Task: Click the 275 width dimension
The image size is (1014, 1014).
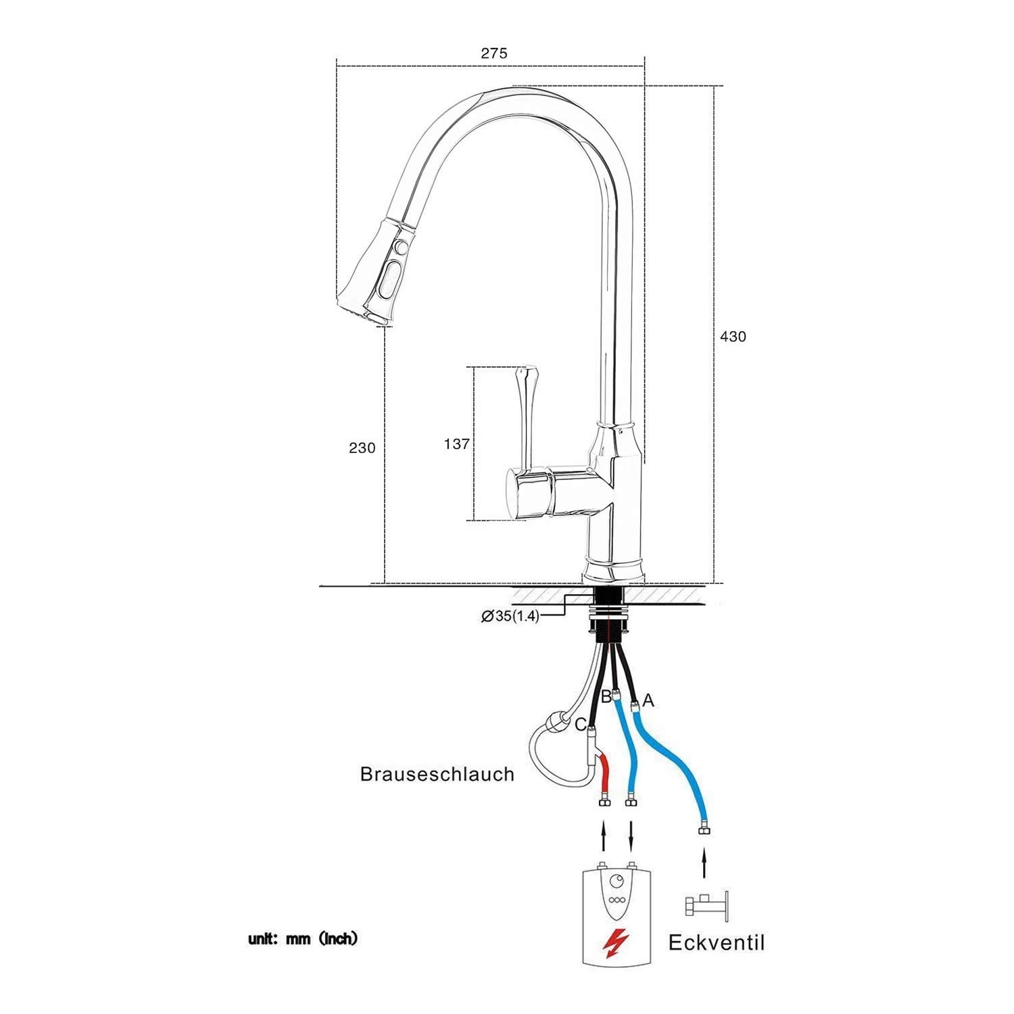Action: pyautogui.click(x=493, y=53)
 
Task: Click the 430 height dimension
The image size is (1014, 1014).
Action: pyautogui.click(x=733, y=337)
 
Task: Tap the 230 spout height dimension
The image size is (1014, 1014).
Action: pyautogui.click(x=362, y=448)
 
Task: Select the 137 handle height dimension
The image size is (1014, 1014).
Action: pyautogui.click(x=456, y=444)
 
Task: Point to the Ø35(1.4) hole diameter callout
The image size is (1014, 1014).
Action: pyautogui.click(x=510, y=616)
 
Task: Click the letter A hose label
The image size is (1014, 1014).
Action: pyautogui.click(x=648, y=701)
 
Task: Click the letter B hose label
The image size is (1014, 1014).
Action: pyautogui.click(x=606, y=696)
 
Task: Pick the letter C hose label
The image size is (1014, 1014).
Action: pyautogui.click(x=580, y=725)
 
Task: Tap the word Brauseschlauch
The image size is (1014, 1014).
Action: pyautogui.click(x=437, y=774)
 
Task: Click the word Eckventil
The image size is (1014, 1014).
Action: pyautogui.click(x=717, y=942)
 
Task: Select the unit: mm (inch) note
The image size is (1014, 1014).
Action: pyautogui.click(x=302, y=939)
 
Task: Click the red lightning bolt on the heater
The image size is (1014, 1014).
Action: pyautogui.click(x=616, y=942)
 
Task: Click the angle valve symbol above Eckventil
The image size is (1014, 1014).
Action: pyautogui.click(x=706, y=906)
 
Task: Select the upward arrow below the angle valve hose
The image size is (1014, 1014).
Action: pyautogui.click(x=704, y=865)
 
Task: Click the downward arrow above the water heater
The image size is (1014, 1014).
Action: pyautogui.click(x=631, y=836)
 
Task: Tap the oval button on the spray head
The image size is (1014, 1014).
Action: pyautogui.click(x=391, y=279)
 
